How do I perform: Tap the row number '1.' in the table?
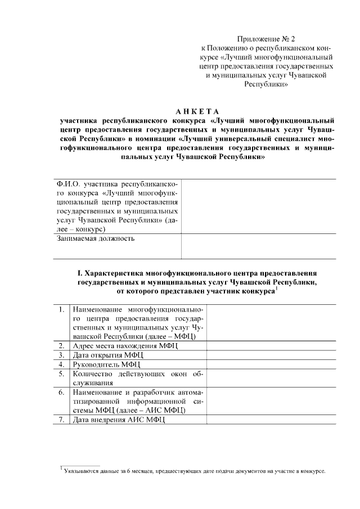(x=61, y=310)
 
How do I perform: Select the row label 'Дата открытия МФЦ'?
(x=109, y=355)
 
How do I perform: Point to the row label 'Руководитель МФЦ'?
(x=107, y=364)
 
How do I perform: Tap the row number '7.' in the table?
(x=61, y=420)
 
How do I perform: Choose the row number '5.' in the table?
(x=61, y=373)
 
